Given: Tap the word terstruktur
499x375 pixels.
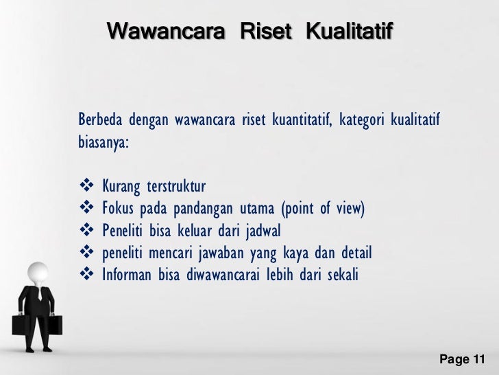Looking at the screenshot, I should pyautogui.click(x=175, y=187).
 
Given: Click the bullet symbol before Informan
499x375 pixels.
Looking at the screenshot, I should pyautogui.click(x=86, y=276).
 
